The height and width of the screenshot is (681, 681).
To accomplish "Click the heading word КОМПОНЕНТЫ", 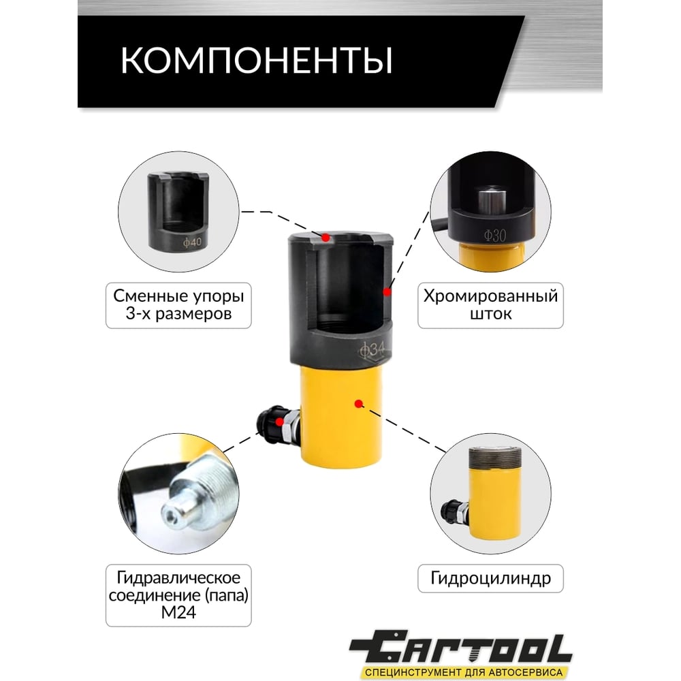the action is (256, 60).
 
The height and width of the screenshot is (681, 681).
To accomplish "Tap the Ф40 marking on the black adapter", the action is (193, 242).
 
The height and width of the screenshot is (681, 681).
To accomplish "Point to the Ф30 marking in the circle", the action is (495, 236).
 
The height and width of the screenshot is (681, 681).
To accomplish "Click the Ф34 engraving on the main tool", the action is (373, 349).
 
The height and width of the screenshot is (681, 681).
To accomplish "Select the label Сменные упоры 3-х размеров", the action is (178, 305).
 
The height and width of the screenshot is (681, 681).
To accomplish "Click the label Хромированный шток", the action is (490, 305).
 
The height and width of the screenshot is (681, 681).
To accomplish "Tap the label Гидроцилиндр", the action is (490, 578).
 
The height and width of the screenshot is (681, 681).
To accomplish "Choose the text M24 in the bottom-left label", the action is (178, 612).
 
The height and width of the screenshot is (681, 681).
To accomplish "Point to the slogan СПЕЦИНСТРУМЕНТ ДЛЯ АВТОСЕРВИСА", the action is (463, 672).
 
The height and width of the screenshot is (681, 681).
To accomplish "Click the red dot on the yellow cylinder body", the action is (358, 404).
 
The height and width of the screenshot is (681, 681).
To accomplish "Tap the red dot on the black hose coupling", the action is (280, 422).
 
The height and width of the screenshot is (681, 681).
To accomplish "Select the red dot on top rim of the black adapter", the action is (326, 238).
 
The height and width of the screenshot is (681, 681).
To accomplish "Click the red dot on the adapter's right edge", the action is (387, 292).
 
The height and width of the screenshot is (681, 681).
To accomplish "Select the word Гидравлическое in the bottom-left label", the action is (178, 578).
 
